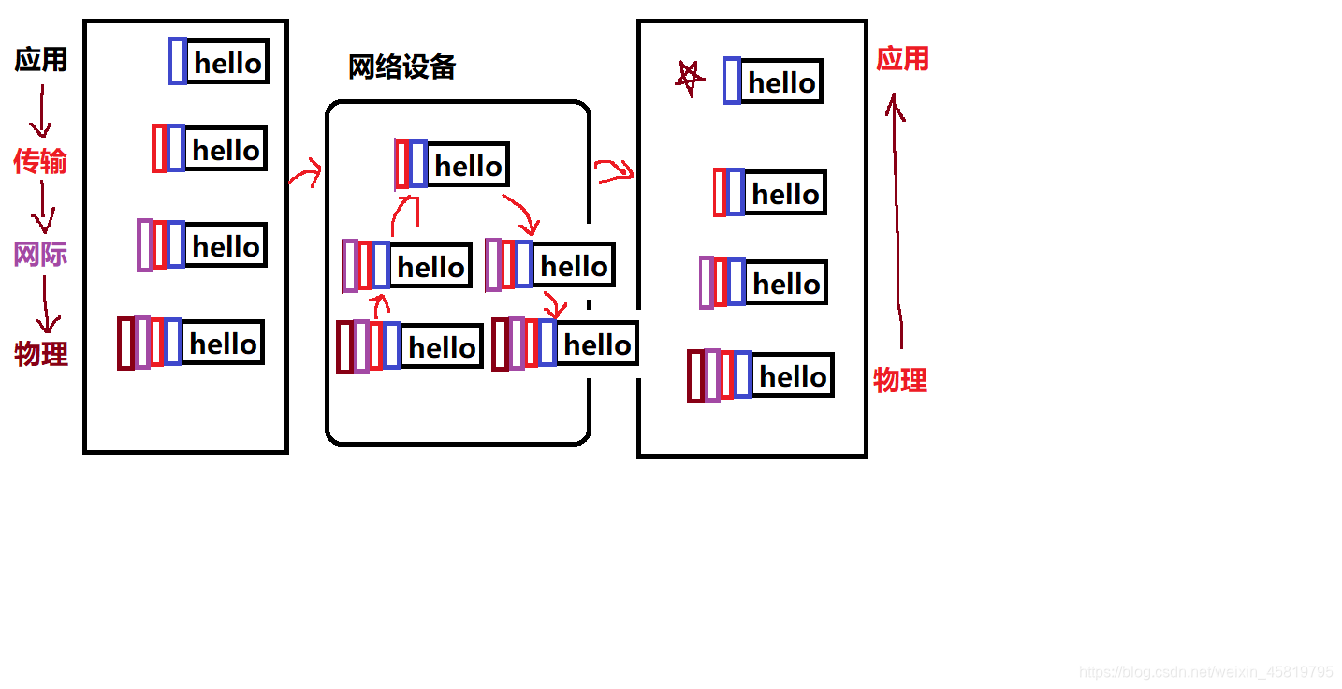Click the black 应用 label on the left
coord(41,60)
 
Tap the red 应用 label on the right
coord(902,59)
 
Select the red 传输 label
coord(40,161)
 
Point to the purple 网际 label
coord(40,254)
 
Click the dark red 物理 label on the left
coord(41,354)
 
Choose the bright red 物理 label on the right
coord(899,380)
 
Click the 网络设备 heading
coord(401,67)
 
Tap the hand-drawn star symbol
coord(689,79)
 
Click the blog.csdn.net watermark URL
coord(1205,672)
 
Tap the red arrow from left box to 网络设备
coord(305,173)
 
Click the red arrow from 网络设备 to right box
coord(614,170)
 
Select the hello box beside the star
coord(781,81)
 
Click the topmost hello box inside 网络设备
coord(468,166)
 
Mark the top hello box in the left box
coord(227,62)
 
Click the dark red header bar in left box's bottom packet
coord(125,344)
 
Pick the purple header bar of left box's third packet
coord(144,245)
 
